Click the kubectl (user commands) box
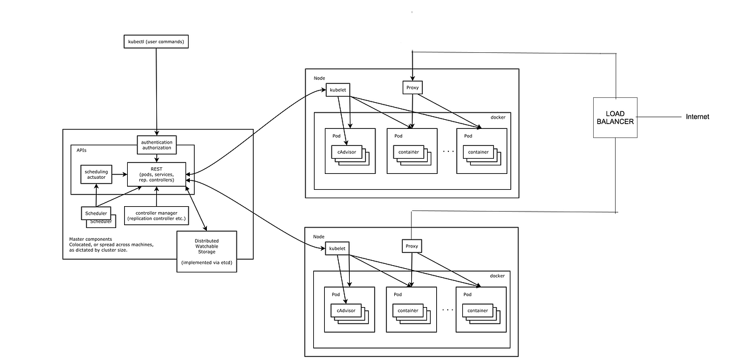coord(156,42)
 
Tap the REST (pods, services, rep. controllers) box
coord(156,173)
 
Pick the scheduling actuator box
coord(96,175)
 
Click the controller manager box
coord(156,215)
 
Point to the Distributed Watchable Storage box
coord(206,252)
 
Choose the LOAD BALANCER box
coord(614,117)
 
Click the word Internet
coord(697,117)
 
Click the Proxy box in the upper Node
coord(413,88)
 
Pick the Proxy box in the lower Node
coord(412,246)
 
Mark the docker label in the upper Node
coord(498,117)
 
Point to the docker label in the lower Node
coord(498,276)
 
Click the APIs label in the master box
coord(82,150)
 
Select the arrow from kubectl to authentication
coord(158,91)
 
